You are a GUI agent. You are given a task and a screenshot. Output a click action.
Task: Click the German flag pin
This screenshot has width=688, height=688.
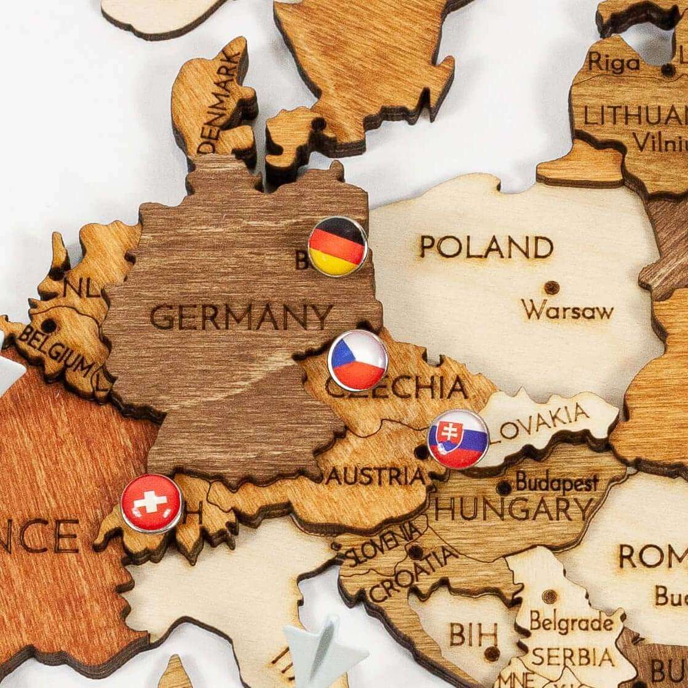(338, 246)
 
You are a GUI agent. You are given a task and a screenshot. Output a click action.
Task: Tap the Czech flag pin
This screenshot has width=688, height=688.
(357, 360)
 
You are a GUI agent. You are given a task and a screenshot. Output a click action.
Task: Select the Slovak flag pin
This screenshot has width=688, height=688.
(458, 439)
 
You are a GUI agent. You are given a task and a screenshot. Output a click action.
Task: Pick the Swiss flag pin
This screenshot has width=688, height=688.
(152, 503)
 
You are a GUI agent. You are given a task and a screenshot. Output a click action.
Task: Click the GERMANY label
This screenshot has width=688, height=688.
(241, 317)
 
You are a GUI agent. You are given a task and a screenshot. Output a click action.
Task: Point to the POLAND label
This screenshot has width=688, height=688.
(486, 247)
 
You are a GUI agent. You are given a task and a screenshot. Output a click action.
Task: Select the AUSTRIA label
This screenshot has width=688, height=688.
(376, 476)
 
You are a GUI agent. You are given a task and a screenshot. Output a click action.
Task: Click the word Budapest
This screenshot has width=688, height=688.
(556, 482)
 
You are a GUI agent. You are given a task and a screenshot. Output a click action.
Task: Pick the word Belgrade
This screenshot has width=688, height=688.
(571, 622)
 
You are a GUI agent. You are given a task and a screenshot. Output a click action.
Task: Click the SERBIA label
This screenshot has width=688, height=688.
(572, 657)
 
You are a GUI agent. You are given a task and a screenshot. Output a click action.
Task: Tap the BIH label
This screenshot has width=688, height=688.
(473, 634)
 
